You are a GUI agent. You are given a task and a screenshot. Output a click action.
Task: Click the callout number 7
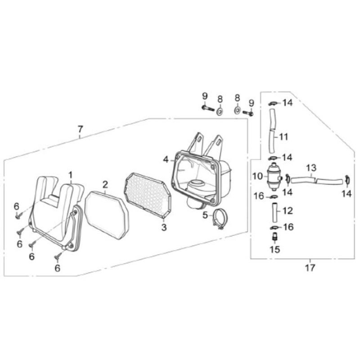(x=80, y=130)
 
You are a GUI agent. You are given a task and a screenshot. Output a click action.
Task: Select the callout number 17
(x=310, y=268)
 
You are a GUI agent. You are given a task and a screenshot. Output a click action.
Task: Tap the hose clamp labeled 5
(x=219, y=219)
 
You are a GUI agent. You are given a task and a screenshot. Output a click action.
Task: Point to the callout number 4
(x=166, y=159)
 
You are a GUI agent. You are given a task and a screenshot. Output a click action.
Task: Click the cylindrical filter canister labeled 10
(x=274, y=176)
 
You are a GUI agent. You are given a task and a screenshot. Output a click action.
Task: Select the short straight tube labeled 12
(x=275, y=212)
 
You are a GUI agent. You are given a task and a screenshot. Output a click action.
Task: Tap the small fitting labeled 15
(x=275, y=236)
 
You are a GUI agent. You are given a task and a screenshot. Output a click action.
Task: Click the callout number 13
(x=311, y=167)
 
